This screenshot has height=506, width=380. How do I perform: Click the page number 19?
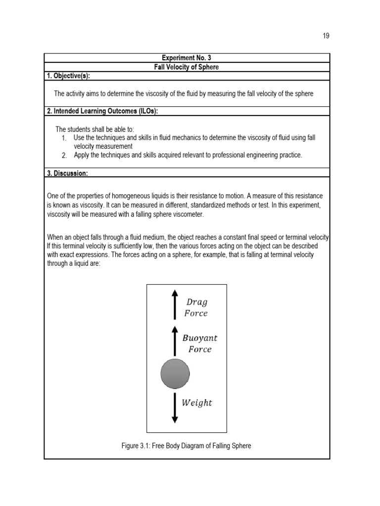(x=325, y=36)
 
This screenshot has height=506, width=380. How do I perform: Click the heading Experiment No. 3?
(x=187, y=58)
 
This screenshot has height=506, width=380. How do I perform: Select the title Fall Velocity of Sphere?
(x=187, y=67)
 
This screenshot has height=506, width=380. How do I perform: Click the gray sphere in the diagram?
(x=175, y=374)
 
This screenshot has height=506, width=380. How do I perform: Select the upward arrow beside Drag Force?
(x=174, y=304)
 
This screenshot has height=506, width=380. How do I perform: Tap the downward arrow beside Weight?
(x=174, y=408)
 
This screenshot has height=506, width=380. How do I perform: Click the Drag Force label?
(x=196, y=307)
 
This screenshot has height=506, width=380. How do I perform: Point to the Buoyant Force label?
(x=199, y=343)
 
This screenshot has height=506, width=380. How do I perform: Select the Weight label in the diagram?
(x=196, y=403)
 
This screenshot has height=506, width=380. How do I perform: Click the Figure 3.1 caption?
(x=186, y=446)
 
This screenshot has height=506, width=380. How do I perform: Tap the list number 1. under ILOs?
(x=64, y=138)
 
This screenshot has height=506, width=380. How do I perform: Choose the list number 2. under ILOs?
(x=64, y=156)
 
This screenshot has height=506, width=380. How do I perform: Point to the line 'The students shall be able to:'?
(x=95, y=129)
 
